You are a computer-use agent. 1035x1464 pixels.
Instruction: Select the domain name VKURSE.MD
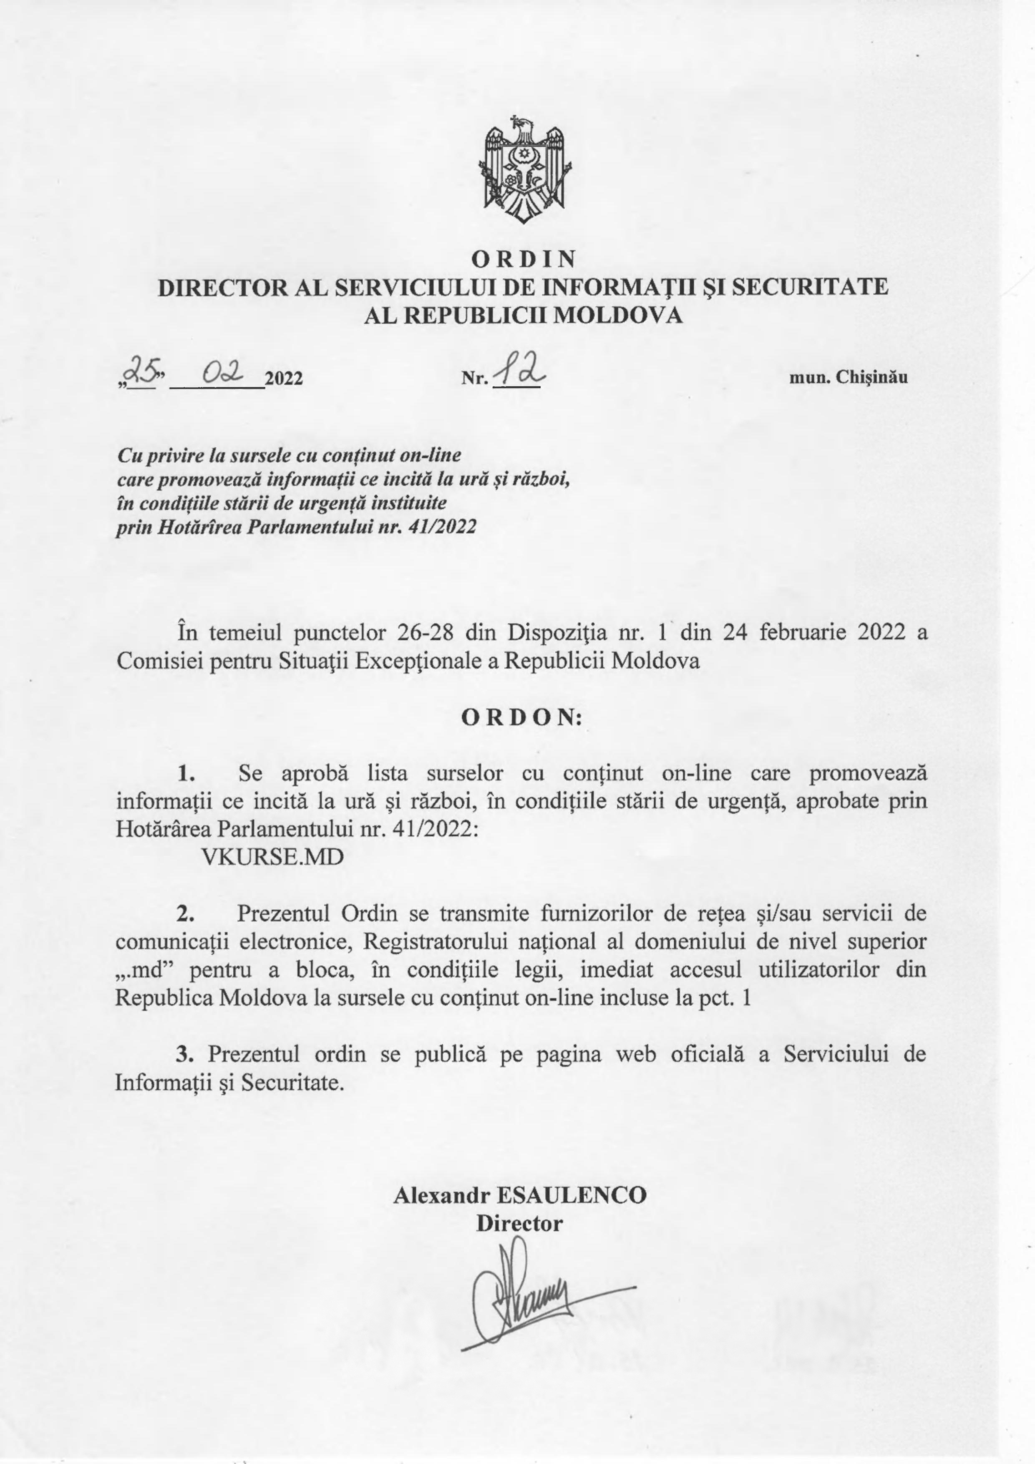point(272,856)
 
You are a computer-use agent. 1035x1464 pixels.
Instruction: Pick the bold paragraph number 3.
point(185,1054)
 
